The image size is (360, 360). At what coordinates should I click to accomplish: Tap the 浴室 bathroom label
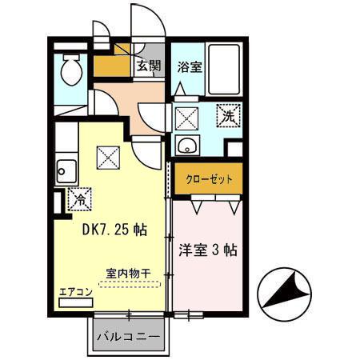(x=190, y=66)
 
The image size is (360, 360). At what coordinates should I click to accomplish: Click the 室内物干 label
(x=128, y=273)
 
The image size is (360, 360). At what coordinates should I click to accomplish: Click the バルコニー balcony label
(x=128, y=336)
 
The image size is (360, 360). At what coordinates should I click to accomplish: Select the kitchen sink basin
(x=66, y=169)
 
